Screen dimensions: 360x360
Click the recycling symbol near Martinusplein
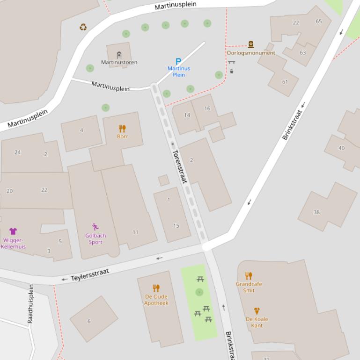coord(83,27)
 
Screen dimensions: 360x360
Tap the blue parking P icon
coord(178,61)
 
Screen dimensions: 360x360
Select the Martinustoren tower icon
coord(119,55)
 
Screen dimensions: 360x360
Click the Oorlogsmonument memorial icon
coord(251,45)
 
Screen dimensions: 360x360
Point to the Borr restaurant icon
coord(122,129)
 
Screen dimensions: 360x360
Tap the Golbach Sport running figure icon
coord(96,227)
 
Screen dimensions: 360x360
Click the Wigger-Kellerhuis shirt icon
coord(13,231)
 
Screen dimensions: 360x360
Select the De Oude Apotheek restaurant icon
coord(156,288)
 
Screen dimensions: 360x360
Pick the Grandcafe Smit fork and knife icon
coord(249,276)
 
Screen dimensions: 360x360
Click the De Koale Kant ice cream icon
coord(257,311)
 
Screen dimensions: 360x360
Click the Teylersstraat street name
coord(90,274)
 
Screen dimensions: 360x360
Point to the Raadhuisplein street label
coord(31,304)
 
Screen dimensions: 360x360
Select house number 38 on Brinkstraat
coord(316,212)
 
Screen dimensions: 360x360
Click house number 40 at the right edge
coord(341,148)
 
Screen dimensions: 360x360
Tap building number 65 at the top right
coord(319,22)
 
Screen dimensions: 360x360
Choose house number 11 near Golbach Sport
coord(135,232)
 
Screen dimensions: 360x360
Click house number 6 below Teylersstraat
coord(89,321)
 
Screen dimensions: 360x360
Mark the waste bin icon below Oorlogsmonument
coord(232,72)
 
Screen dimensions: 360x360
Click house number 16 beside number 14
coord(207,108)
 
